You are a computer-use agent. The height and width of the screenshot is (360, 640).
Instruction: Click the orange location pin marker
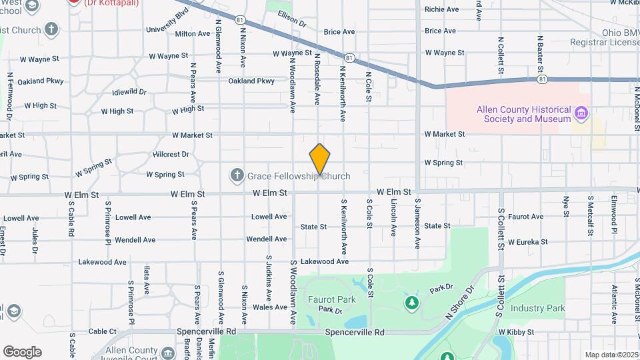point(320,159)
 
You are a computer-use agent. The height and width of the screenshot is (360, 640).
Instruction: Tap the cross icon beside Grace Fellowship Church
point(236,176)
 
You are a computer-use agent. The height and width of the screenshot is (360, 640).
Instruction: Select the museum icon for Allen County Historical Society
point(582,113)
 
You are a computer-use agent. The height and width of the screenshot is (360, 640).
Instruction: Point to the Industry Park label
point(537,309)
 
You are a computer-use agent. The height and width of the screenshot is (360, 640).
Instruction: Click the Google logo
point(22,352)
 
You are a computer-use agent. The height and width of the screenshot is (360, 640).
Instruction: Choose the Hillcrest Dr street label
point(171,154)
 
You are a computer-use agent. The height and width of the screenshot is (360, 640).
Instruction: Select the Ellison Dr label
point(291,19)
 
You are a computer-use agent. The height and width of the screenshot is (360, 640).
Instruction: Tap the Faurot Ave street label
point(526,217)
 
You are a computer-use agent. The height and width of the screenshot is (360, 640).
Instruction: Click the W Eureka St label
point(527,242)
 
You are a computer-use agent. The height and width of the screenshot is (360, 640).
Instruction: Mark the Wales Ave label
point(270,307)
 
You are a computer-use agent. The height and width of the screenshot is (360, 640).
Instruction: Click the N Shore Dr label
point(458,303)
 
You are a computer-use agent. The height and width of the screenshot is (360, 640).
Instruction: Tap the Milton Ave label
point(193,33)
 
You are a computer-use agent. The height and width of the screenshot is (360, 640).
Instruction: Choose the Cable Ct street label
point(103,331)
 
